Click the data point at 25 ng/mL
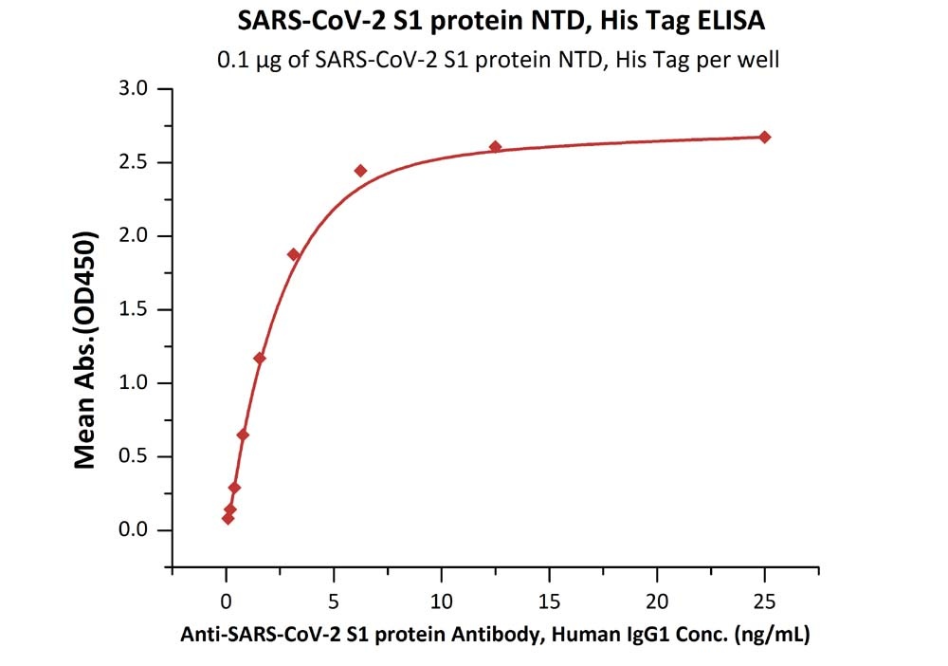pos(764,138)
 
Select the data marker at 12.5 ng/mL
pos(495,147)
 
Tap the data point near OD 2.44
pos(360,171)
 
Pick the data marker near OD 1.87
pos(294,254)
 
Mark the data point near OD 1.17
pos(260,358)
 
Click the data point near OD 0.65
pos(243,435)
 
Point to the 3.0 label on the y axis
pos(134,89)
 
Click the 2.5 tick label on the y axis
pos(134,162)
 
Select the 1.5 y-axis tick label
pos(134,309)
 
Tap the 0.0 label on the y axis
pos(134,530)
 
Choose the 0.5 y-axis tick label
pos(134,456)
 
